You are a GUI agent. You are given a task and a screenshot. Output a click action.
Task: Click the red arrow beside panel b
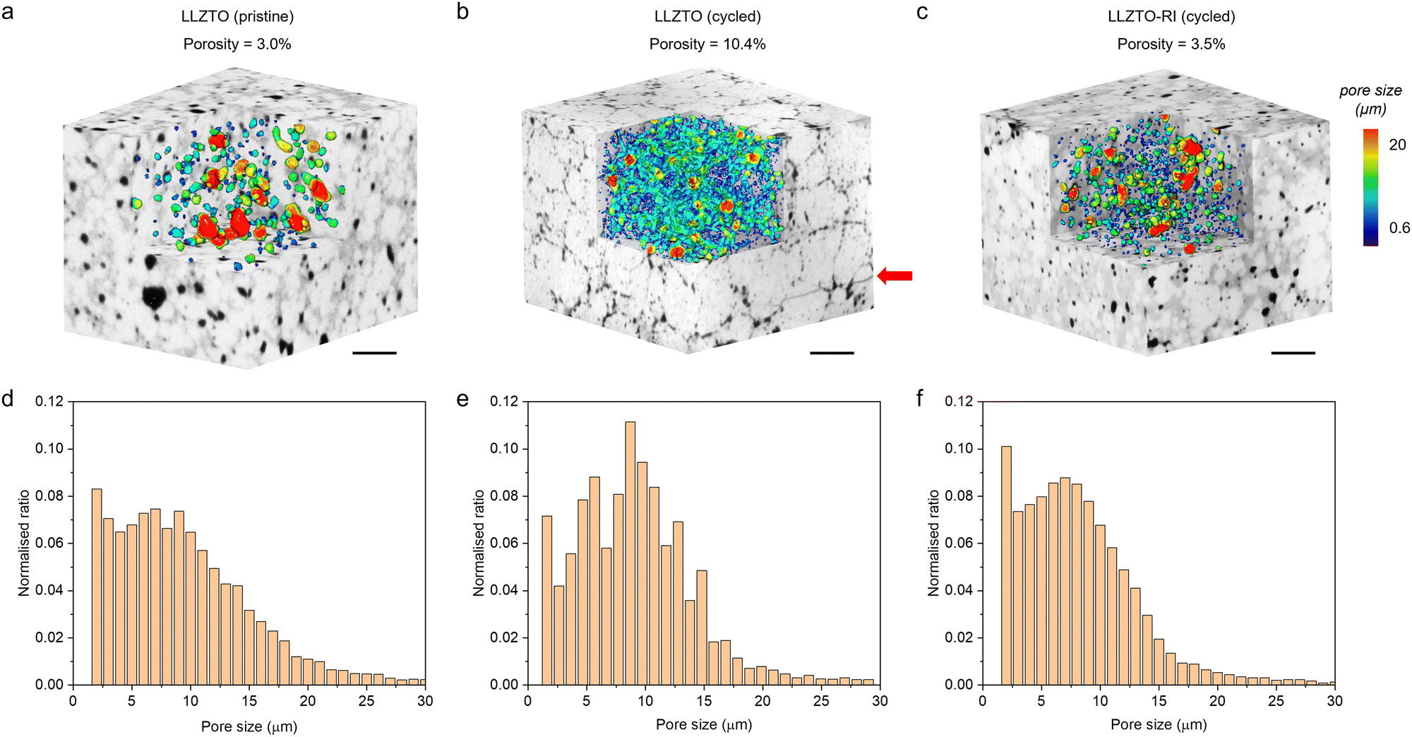(895, 276)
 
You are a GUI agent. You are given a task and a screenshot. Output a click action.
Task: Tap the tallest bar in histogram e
(630, 553)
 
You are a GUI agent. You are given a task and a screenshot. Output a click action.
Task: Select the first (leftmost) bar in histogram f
(1006, 565)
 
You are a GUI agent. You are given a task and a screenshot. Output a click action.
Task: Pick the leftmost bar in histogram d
(97, 586)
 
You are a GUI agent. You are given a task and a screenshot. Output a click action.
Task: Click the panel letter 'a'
(8, 12)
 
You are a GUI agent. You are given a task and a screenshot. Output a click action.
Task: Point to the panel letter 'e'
(462, 400)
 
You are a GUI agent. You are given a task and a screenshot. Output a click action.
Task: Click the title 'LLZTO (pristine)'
(237, 16)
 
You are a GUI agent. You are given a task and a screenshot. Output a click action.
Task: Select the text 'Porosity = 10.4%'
(707, 44)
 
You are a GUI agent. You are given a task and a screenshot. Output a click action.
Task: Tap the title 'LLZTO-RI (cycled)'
(1171, 16)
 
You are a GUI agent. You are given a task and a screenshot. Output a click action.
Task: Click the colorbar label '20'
(1397, 145)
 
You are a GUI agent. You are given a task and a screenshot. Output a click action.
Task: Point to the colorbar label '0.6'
(1399, 227)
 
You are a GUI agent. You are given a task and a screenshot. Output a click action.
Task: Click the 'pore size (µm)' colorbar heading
(1370, 100)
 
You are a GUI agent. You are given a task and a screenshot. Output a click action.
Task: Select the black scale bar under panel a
(374, 352)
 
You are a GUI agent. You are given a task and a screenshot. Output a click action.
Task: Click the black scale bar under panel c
(1293, 352)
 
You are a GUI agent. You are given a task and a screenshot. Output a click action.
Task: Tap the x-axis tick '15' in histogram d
(249, 701)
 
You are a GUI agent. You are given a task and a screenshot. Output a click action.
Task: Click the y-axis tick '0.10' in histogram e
(504, 448)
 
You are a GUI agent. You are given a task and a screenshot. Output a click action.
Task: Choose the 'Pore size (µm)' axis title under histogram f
(1159, 725)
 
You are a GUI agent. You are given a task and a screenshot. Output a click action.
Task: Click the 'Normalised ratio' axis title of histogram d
(25, 543)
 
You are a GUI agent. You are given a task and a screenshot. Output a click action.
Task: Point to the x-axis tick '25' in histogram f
(1276, 701)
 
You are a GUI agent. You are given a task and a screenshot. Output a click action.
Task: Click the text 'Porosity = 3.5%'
(1171, 44)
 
